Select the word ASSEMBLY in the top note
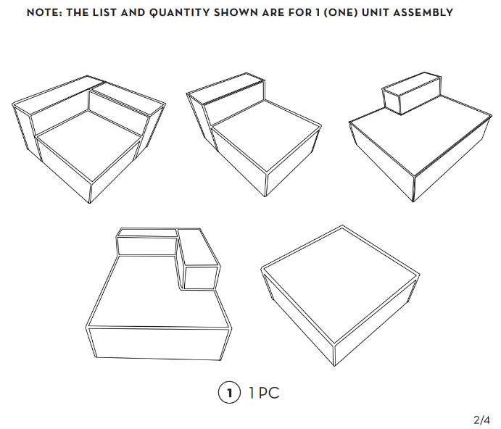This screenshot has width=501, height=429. click(x=423, y=13)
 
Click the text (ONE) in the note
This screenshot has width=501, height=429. click(x=340, y=13)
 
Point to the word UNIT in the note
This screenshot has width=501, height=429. click(x=375, y=13)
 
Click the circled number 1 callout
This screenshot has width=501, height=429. click(x=229, y=393)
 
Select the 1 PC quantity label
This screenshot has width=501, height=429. click(x=264, y=393)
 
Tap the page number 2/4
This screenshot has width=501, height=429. click(x=481, y=420)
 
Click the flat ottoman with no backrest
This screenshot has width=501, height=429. click(x=340, y=296)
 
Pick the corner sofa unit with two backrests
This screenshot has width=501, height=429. click(x=88, y=139)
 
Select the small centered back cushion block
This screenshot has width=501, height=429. click(x=412, y=93)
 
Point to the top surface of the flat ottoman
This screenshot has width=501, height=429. click(x=341, y=285)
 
